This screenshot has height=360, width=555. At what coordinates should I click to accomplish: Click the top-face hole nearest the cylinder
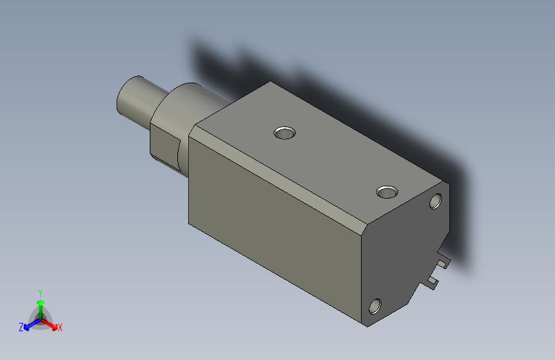284,133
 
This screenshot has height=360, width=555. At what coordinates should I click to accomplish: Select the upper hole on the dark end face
436,201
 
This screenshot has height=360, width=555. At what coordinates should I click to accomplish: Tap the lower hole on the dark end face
376,306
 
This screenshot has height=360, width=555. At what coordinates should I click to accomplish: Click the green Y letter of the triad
40,292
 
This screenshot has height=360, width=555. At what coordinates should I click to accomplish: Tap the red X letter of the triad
60,327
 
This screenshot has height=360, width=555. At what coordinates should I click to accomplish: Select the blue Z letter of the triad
21,327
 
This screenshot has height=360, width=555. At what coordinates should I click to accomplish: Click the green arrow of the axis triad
40,305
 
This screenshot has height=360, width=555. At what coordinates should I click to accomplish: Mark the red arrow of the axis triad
51,323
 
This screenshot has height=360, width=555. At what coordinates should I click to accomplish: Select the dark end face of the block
403,250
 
